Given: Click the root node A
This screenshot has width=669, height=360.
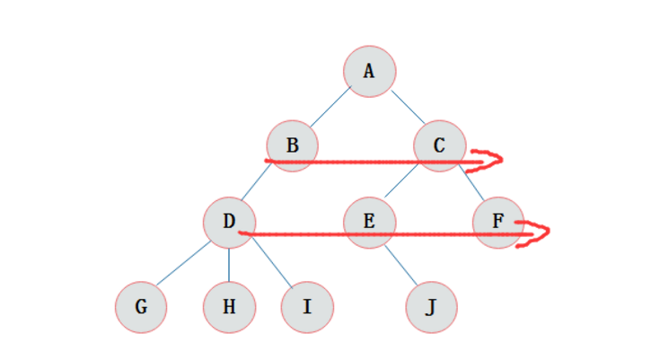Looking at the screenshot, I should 369,70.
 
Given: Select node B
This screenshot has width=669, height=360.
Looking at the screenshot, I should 293,144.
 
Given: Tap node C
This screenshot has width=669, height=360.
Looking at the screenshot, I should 439,144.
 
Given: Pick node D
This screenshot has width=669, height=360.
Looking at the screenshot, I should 229,221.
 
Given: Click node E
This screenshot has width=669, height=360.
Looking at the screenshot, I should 369,221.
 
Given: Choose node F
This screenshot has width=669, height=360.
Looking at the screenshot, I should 498,221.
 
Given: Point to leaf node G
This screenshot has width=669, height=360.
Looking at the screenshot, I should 141,307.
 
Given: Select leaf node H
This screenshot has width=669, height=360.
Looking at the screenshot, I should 229,307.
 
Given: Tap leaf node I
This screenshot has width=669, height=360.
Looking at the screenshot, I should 307,307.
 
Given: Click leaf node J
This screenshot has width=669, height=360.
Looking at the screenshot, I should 431,307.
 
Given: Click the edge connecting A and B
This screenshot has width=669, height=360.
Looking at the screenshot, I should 330,107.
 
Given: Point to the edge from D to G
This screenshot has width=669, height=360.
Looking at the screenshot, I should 185,264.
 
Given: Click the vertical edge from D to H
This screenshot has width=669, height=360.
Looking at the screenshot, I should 229,264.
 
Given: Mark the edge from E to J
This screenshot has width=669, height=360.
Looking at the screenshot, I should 400,264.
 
